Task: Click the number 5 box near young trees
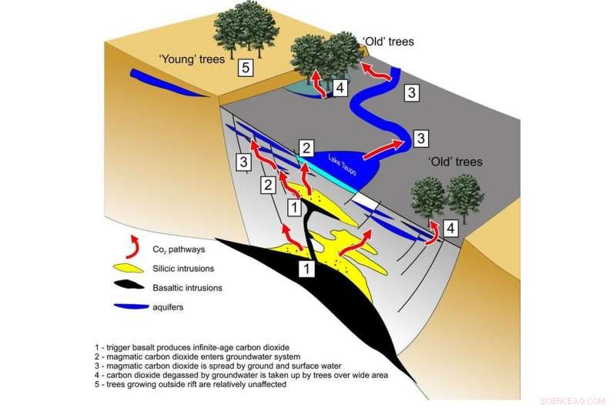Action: pyautogui.click(x=245, y=68)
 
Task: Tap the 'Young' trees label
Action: pyautogui.click(x=191, y=59)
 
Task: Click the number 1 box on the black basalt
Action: pyautogui.click(x=306, y=268)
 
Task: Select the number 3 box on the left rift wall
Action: pyautogui.click(x=243, y=162)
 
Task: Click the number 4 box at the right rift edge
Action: pyautogui.click(x=451, y=229)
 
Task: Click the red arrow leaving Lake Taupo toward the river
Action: pyautogui.click(x=383, y=145)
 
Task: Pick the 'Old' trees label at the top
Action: pyautogui.click(x=388, y=42)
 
